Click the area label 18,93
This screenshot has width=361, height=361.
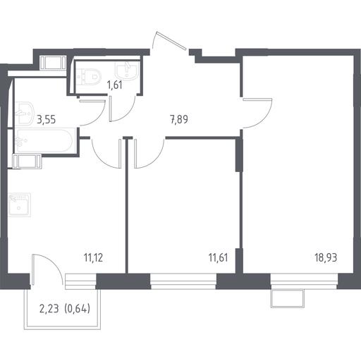click(326, 257)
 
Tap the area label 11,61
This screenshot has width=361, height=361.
click(218, 257)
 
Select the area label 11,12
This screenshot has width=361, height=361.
click(93, 258)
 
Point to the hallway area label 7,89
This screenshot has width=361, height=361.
click(179, 119)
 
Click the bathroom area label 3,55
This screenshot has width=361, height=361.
click(47, 119)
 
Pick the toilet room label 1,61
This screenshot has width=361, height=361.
click(115, 85)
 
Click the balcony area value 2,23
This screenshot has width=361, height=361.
click(49, 308)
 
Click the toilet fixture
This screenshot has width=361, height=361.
click(89, 77)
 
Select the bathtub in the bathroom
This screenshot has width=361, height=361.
click(44, 141)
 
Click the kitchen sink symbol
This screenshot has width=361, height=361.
click(20, 204)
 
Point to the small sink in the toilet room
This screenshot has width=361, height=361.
click(126, 71)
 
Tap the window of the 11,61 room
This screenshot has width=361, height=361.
click(183, 281)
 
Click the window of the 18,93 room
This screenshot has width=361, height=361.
click(304, 281)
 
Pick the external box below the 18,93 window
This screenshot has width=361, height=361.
click(287, 298)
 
